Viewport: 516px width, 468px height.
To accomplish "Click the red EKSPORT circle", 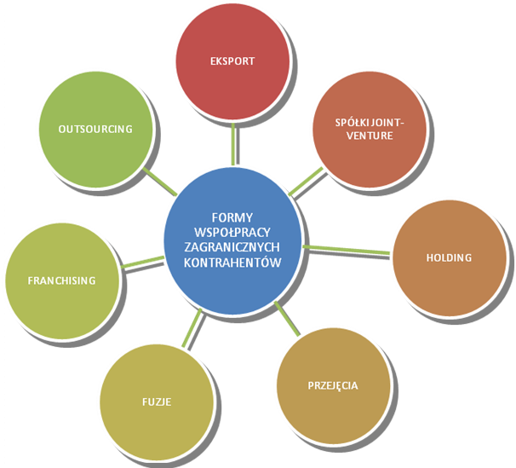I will tap(232, 62).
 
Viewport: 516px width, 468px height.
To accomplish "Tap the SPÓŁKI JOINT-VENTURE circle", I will tap(370, 129).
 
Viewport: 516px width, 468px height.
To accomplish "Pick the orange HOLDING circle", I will tap(448, 257).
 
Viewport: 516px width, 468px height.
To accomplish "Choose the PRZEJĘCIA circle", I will tap(332, 385).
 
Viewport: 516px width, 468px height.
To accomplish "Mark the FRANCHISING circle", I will tap(61, 280).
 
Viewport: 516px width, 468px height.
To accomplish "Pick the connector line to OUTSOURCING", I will tap(158, 178).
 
